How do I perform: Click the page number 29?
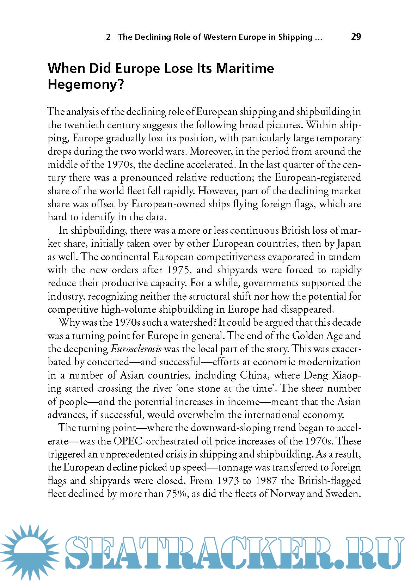click(x=356, y=37)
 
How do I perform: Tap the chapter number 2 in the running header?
click(x=108, y=37)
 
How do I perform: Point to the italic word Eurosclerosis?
click(x=136, y=349)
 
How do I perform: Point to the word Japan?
click(x=349, y=244)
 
